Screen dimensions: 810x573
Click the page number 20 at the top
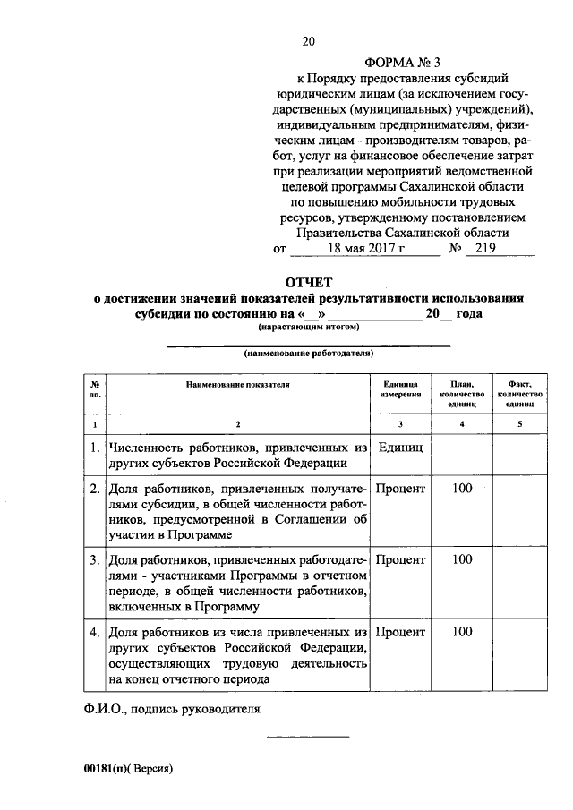pos(310,41)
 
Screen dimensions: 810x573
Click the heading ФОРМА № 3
pos(404,63)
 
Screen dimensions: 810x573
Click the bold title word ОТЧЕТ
pos(309,283)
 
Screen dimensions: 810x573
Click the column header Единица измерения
pos(400,388)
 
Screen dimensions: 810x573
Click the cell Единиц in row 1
pos(400,446)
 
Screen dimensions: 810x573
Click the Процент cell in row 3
pos(400,560)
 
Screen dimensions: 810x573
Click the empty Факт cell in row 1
pos(520,454)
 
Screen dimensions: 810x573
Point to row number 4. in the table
pos(94,632)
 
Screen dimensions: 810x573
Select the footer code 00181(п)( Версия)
pos(126,769)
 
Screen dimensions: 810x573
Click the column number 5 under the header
pos(520,422)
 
